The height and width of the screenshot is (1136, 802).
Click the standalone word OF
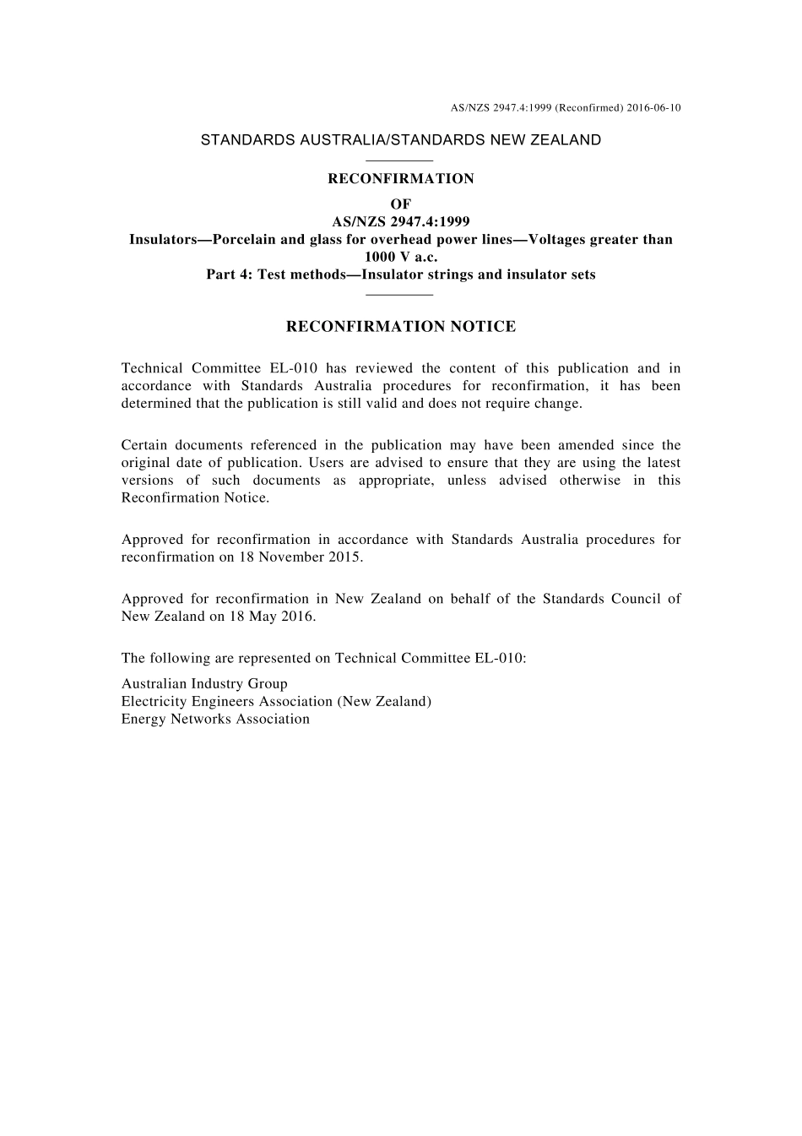pyautogui.click(x=401, y=204)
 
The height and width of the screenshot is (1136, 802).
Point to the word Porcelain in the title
pyautogui.click(x=244, y=240)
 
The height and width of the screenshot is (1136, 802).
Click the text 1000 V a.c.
pyautogui.click(x=401, y=257)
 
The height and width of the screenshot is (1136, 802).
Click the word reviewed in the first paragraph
pyautogui.click(x=384, y=368)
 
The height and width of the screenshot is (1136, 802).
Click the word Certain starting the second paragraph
pyautogui.click(x=144, y=445)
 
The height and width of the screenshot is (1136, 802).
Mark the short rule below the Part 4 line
pyautogui.click(x=401, y=294)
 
